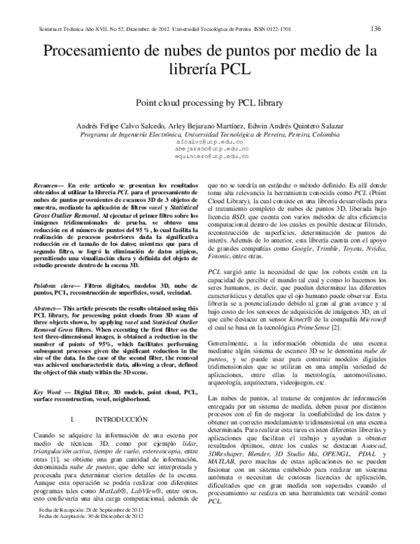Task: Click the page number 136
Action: [375, 29]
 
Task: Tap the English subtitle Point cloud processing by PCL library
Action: [209, 102]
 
